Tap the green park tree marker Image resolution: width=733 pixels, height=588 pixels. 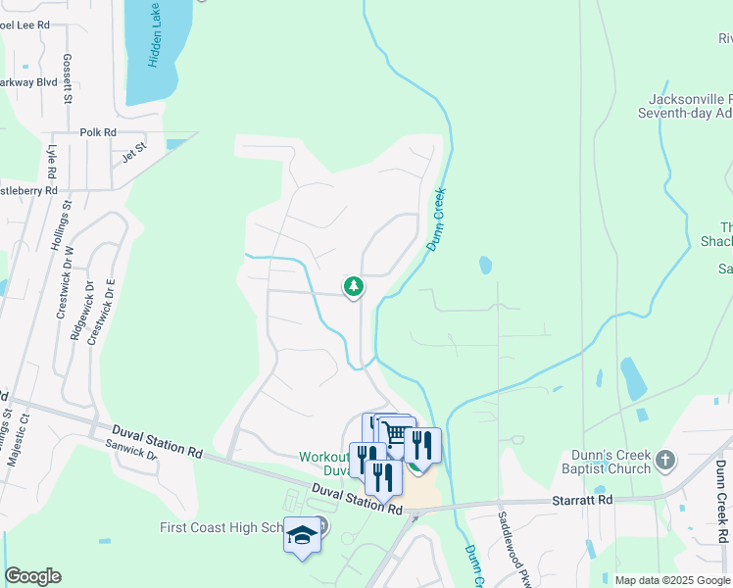pyautogui.click(x=353, y=286)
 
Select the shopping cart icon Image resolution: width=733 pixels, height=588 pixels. pyautogui.click(x=394, y=433)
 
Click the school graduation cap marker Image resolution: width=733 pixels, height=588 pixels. pyautogui.click(x=302, y=535)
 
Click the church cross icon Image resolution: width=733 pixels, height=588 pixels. pyautogui.click(x=665, y=460)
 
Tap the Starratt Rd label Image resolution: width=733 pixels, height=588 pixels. pyautogui.click(x=587, y=500)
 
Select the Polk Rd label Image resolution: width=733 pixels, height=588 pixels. pyautogui.click(x=98, y=132)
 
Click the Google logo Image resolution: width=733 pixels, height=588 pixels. pyautogui.click(x=32, y=576)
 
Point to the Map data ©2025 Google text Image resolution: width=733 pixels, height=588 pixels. pyautogui.click(x=671, y=580)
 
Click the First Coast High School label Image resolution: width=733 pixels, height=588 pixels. pyautogui.click(x=220, y=528)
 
